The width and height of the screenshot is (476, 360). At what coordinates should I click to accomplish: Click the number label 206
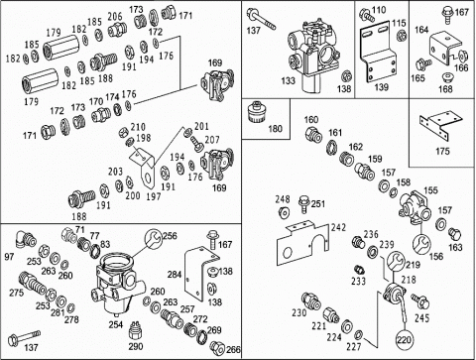(x=115, y=16)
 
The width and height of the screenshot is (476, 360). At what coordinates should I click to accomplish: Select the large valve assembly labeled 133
(x=312, y=56)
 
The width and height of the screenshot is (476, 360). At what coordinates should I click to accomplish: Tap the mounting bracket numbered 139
(x=379, y=53)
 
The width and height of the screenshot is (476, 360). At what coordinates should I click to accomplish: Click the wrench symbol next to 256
(x=153, y=239)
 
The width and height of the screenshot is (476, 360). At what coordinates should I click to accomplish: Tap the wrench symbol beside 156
(x=421, y=244)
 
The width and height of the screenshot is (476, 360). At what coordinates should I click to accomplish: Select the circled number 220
(x=405, y=340)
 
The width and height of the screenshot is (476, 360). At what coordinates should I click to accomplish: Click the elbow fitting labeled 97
(x=25, y=240)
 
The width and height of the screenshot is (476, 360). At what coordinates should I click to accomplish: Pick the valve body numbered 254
(x=117, y=285)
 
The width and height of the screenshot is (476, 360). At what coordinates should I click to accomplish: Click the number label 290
(x=136, y=346)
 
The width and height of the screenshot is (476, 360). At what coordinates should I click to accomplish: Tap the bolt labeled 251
(x=303, y=204)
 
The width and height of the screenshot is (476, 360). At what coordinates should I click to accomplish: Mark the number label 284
(x=175, y=274)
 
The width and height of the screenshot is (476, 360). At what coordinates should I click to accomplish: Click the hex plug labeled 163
(x=455, y=234)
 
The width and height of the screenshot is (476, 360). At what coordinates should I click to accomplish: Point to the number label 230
(x=298, y=312)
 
